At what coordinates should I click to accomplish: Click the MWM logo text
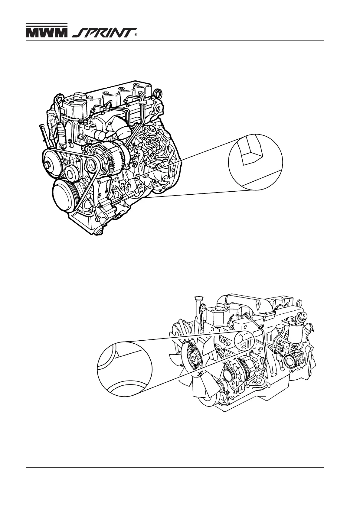46,33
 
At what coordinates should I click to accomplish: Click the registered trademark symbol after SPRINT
136,35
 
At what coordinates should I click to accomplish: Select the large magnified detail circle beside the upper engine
255,162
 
